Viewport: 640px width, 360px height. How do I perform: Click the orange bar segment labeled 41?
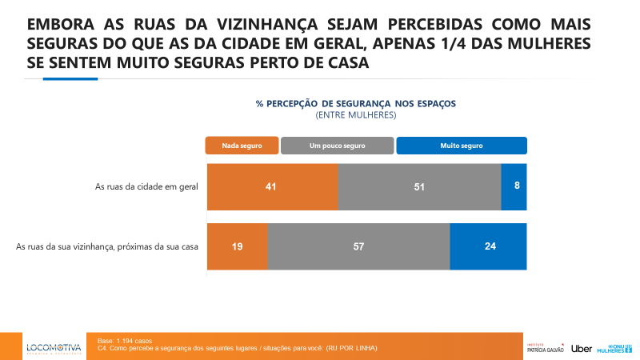point(272,186)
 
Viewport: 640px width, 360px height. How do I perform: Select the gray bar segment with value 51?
point(419,186)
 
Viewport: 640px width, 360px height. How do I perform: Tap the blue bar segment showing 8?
point(514,186)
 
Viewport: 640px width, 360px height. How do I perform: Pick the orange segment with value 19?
point(238,246)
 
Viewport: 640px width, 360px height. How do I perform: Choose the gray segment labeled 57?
point(358,246)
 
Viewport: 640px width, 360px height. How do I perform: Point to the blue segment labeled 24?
point(488,246)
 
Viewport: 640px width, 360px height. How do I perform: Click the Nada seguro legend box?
point(242,146)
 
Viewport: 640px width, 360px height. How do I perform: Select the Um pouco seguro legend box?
point(337,146)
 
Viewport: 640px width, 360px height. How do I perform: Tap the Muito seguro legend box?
point(462,146)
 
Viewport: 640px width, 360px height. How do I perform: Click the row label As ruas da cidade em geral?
point(146,186)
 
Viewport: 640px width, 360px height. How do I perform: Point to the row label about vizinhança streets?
point(107,247)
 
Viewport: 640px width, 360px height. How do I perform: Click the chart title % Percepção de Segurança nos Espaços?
point(355,103)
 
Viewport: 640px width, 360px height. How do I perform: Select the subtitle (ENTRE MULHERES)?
point(356,114)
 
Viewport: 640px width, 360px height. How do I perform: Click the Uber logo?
point(582,348)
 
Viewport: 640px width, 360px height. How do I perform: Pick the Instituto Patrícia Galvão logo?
point(546,347)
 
